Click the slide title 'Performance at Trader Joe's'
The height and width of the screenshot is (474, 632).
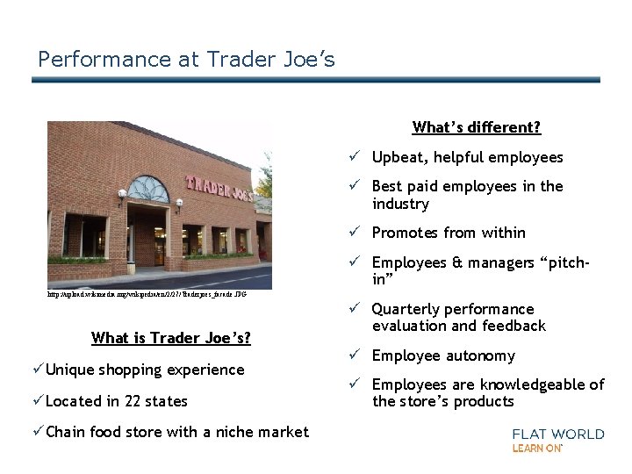pyautogui.click(x=186, y=60)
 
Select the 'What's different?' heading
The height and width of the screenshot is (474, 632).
pyautogui.click(x=476, y=127)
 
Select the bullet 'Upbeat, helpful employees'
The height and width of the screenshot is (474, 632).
pyautogui.click(x=467, y=158)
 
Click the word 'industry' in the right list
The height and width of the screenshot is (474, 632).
pyautogui.click(x=400, y=205)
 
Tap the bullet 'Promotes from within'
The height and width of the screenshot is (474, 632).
pyautogui.click(x=448, y=233)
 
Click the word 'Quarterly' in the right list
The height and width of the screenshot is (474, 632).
pyautogui.click(x=405, y=309)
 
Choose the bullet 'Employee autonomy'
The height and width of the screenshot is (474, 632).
pyautogui.click(x=443, y=355)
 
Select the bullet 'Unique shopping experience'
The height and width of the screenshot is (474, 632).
pyautogui.click(x=145, y=370)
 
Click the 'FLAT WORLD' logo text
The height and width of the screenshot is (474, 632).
pyautogui.click(x=558, y=434)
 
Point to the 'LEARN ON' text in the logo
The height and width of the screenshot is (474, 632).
pyautogui.click(x=537, y=449)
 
